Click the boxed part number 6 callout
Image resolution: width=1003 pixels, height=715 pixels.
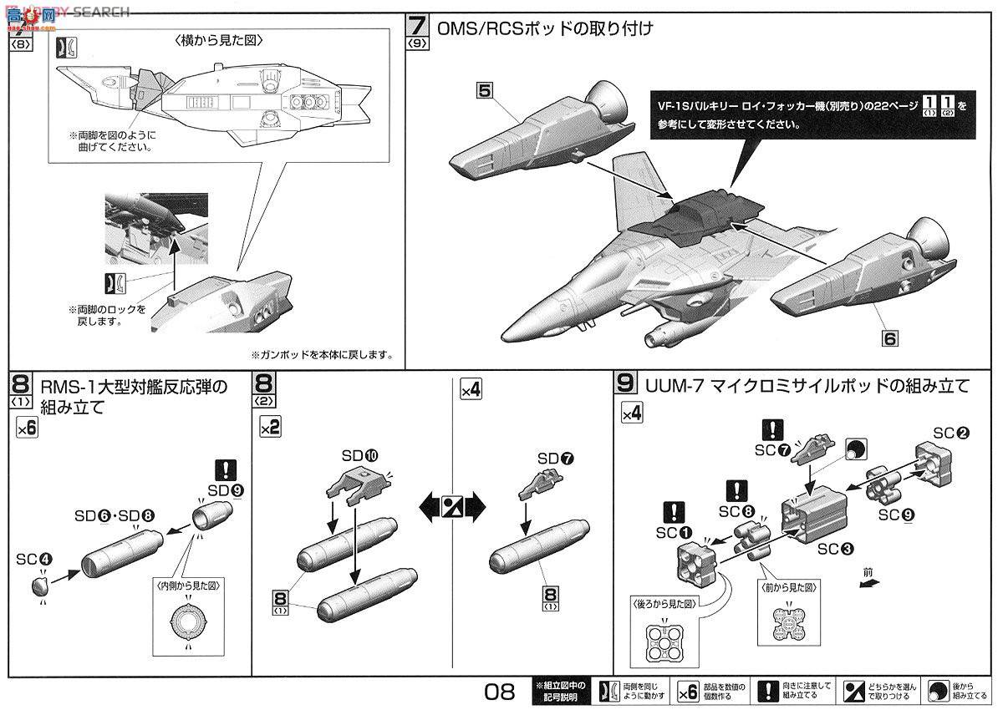(x=889, y=338)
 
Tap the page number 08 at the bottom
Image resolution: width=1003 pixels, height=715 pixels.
(x=498, y=692)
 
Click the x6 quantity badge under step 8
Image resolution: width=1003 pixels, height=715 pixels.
(x=27, y=428)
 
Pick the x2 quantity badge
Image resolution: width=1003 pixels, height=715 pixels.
(x=269, y=428)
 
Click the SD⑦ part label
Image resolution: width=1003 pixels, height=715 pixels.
(x=556, y=459)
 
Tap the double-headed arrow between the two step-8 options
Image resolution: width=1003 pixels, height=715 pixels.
(x=451, y=505)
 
